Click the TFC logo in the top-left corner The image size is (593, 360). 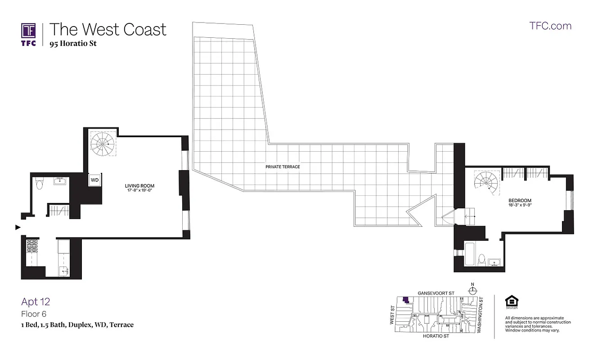[x=29, y=34]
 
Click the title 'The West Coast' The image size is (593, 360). [x=108, y=30]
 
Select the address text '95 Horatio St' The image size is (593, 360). [x=73, y=44]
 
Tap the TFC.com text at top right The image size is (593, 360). [x=550, y=26]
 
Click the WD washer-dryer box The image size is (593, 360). [x=95, y=180]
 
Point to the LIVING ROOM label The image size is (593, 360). [x=139, y=185]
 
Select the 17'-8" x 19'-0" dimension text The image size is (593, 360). [x=139, y=190]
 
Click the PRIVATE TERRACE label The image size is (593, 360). [x=283, y=166]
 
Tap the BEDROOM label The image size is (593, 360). [x=520, y=201]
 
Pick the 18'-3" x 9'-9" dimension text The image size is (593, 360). [x=520, y=206]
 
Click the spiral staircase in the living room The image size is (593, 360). [x=103, y=143]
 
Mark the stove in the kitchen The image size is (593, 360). [x=32, y=246]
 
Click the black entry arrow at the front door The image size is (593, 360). [x=18, y=227]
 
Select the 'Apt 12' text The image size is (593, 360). [x=36, y=301]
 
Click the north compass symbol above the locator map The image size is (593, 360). [x=472, y=290]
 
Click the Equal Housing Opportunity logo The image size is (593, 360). [x=511, y=302]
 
